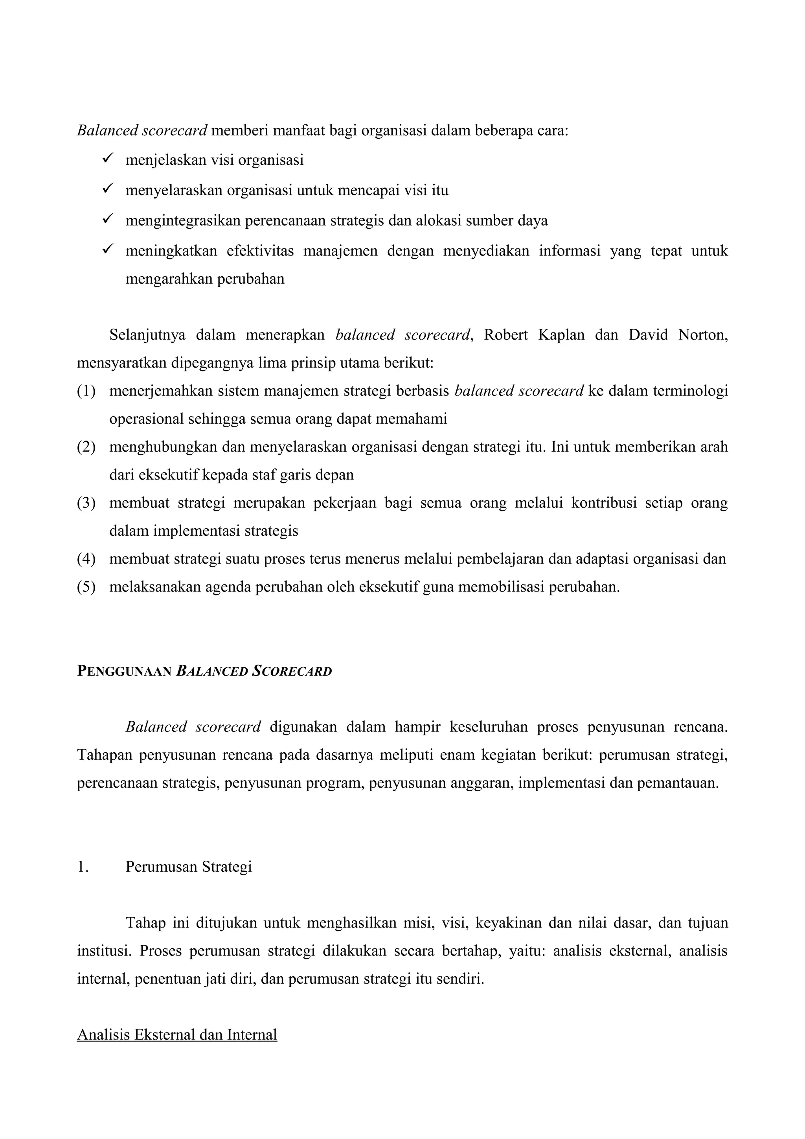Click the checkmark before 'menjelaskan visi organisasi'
click(108, 159)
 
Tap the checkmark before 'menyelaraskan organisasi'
click(108, 189)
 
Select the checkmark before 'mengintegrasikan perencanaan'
click(108, 219)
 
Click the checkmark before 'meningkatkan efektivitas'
click(108, 250)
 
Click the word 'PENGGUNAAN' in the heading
click(124, 671)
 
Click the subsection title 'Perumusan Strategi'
click(189, 867)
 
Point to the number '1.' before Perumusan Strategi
click(82, 867)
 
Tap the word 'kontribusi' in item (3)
click(604, 503)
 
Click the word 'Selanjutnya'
click(147, 335)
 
